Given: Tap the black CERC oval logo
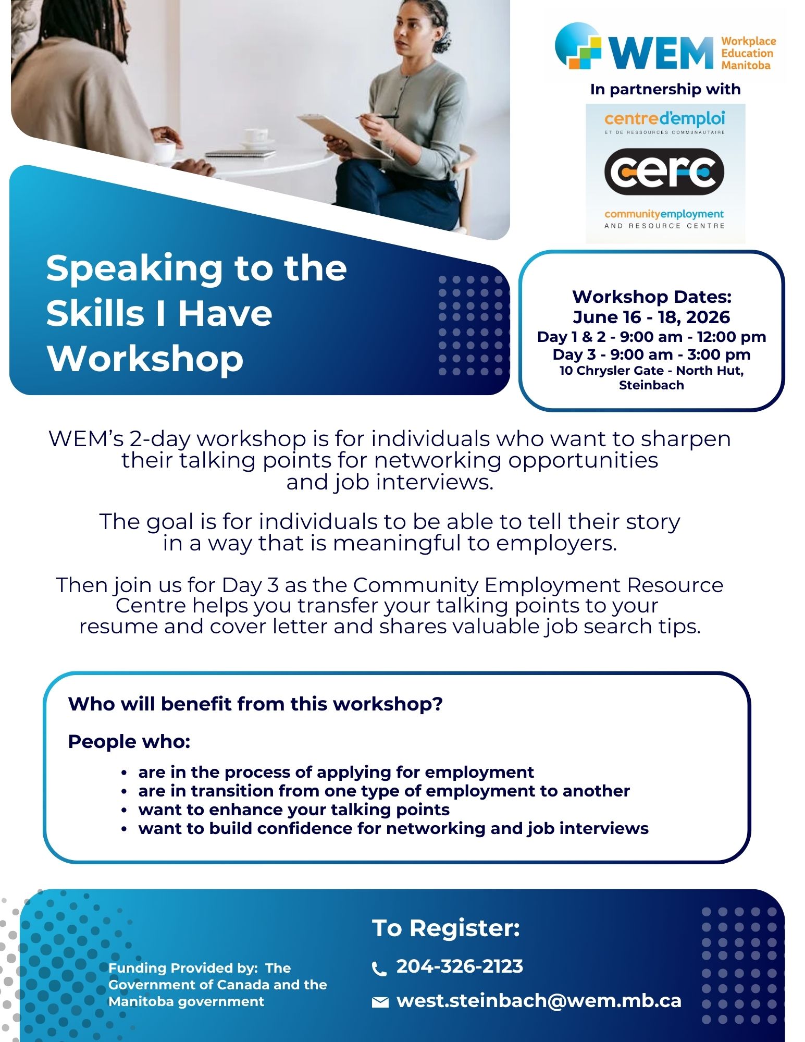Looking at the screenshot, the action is point(664,171).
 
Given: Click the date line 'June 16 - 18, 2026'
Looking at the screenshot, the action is point(651,317).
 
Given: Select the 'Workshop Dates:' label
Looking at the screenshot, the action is point(652,297).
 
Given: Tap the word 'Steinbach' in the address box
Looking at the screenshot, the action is point(651,385).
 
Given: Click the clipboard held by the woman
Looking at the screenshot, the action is point(344,137).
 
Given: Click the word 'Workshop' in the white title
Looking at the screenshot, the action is point(145,359).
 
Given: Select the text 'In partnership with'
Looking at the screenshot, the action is point(665,89).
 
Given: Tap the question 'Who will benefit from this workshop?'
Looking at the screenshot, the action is point(255,704).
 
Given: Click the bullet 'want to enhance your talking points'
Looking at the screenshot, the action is point(294,810).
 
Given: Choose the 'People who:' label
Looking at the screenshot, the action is point(129,741).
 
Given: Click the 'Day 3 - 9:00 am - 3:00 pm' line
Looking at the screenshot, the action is point(652,354).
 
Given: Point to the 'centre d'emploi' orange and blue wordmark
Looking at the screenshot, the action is point(664,119).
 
